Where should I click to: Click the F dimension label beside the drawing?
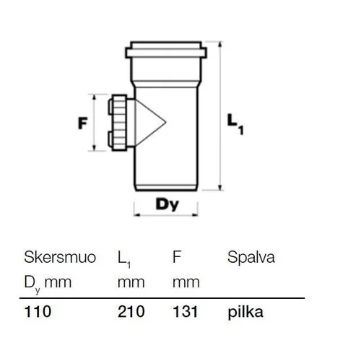(82, 123)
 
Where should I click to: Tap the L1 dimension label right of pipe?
(235, 124)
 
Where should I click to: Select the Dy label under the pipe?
(168, 205)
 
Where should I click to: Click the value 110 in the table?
(38, 311)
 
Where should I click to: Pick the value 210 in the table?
(131, 311)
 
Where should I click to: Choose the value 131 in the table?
(186, 311)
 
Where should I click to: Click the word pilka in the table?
(245, 312)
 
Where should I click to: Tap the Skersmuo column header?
(60, 257)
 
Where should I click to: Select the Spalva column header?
(251, 258)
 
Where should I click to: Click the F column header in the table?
(177, 257)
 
